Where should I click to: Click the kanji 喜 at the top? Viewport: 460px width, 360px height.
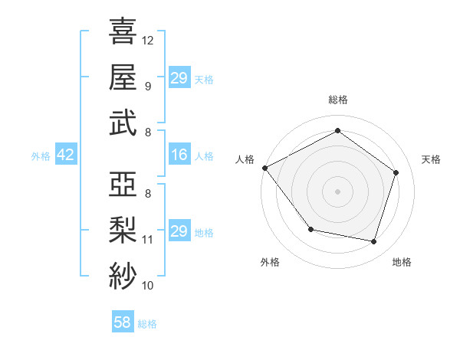coord(123,31)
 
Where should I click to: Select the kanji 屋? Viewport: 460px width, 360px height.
coord(123,77)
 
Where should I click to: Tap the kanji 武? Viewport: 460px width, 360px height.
coord(123,123)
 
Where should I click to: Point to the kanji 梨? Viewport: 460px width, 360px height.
coord(123,228)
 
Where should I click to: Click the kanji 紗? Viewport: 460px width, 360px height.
coord(123,273)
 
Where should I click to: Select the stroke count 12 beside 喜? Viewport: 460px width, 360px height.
coord(148,40)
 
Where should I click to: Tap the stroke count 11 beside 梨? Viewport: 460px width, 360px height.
coord(148,239)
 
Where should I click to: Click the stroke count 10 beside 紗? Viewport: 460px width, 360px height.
coord(148,285)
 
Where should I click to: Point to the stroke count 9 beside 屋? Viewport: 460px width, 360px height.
coord(148,86)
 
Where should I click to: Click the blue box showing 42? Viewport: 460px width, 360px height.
coord(66,155)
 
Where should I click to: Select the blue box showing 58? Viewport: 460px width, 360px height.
coord(123,322)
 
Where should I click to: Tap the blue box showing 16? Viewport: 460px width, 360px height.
coord(179,155)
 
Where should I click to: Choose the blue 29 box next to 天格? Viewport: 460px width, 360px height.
coord(179,78)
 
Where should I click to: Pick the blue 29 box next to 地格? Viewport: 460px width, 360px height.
coord(179,231)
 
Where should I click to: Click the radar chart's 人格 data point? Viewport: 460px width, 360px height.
coord(264,168)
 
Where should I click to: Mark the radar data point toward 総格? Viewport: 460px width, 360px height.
coord(337,131)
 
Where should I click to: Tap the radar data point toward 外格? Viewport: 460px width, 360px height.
coord(310,229)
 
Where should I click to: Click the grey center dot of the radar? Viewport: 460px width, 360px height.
coord(337,191)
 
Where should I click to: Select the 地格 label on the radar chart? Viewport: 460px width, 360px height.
coord(402,262)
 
